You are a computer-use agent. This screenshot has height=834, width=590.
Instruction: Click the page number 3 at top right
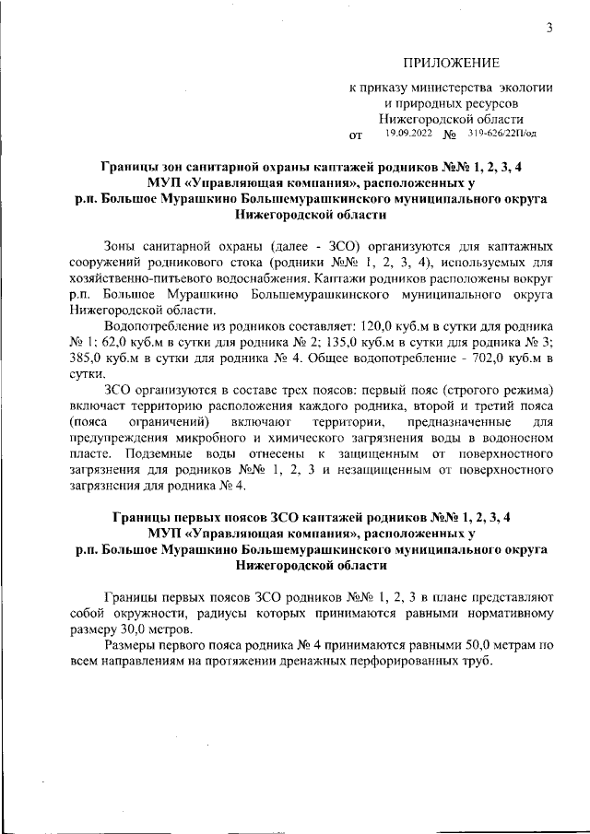tap(549, 28)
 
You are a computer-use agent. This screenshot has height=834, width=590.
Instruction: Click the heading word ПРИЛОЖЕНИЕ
tap(451, 64)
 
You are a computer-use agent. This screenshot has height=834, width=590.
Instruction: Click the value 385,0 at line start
tap(88, 359)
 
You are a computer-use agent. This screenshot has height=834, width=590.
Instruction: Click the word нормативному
tap(506, 615)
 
